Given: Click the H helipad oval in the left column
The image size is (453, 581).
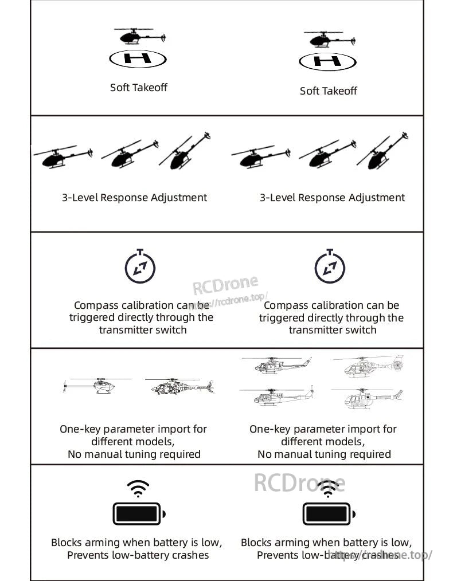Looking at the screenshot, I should tap(138, 58).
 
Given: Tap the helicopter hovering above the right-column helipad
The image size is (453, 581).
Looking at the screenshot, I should tap(327, 40).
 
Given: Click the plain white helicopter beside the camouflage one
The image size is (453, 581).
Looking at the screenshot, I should tap(97, 386).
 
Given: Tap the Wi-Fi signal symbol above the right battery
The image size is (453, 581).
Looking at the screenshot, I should tap(328, 489).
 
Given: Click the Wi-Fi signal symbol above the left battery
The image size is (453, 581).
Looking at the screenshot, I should tap(138, 489).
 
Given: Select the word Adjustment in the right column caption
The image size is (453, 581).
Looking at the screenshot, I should tap(377, 198).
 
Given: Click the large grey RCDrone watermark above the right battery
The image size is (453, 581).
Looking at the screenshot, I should tap(299, 483).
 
